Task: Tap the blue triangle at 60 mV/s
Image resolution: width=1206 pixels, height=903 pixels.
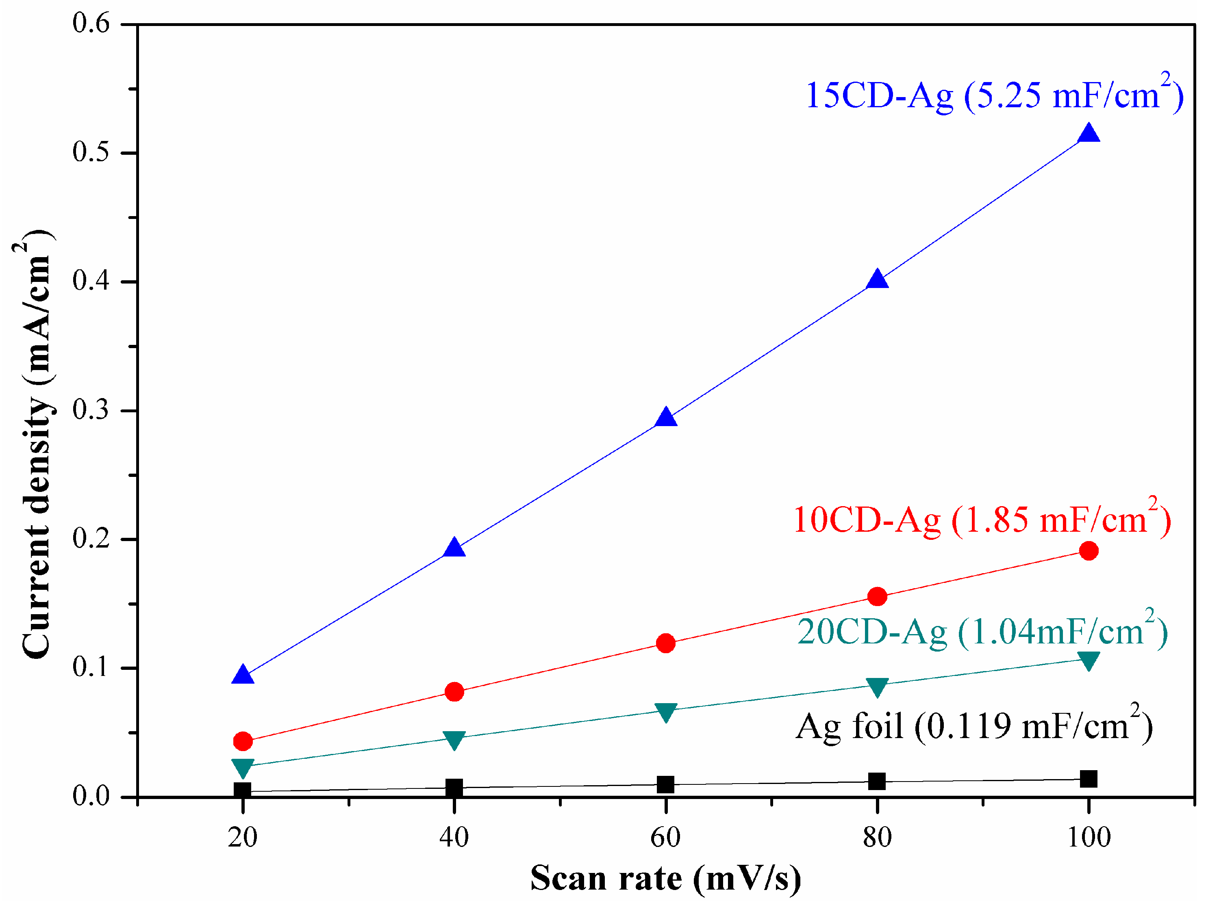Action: [x=666, y=418]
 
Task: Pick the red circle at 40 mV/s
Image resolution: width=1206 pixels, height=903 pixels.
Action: [x=454, y=692]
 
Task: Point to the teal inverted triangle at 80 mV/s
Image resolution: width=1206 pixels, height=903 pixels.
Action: [x=877, y=686]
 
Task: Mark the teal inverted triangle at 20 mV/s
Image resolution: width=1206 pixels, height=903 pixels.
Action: [x=243, y=767]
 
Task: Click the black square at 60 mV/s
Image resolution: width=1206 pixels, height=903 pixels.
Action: [x=666, y=785]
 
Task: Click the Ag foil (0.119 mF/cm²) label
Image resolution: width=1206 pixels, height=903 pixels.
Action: [x=974, y=726]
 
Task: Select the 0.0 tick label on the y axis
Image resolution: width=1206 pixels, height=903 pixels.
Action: [x=91, y=796]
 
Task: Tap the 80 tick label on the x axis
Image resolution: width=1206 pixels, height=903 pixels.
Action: [x=877, y=838]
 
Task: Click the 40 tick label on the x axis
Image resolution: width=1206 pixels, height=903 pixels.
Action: [x=454, y=838]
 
